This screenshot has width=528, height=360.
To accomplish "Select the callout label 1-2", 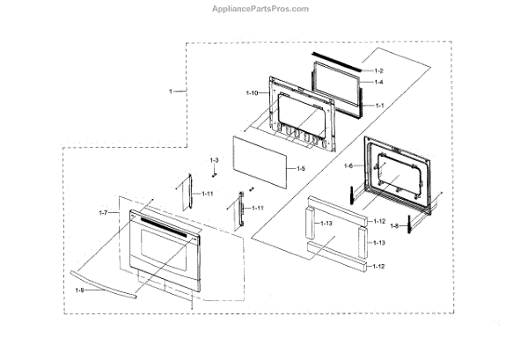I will (x=379, y=69).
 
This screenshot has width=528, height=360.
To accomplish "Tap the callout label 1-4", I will (x=379, y=81).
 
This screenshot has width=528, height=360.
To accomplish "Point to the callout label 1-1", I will (x=379, y=105).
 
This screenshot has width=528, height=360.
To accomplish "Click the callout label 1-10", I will (x=251, y=92).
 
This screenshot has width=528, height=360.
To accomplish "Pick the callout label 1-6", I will (x=348, y=165).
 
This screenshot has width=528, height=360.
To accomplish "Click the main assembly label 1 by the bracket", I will (x=172, y=91).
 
